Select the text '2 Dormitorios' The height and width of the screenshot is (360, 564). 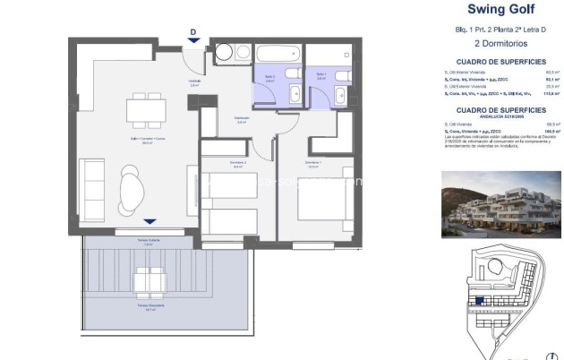(x=501, y=43)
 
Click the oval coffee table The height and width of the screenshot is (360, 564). (x=131, y=190)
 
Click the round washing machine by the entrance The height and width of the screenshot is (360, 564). (x=222, y=52)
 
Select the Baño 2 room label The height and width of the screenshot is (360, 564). (x=269, y=80)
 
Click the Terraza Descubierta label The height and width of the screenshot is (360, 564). (x=148, y=307)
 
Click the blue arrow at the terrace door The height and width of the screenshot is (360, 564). (x=150, y=222)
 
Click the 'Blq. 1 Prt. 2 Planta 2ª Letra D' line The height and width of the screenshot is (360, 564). (x=501, y=30)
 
